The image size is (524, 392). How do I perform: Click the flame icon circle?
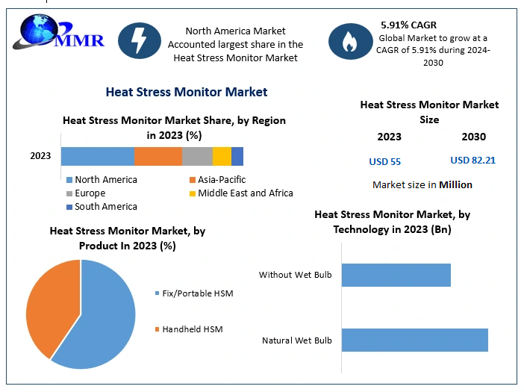pyautogui.click(x=349, y=40)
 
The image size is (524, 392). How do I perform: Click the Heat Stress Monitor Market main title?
pyautogui.click(x=187, y=92)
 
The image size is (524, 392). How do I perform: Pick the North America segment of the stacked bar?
pyautogui.click(x=97, y=156)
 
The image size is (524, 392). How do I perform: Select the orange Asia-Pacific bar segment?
pyautogui.click(x=158, y=156)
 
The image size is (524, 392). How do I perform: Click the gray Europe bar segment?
pyautogui.click(x=197, y=156)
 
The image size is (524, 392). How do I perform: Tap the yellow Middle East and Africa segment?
pyautogui.click(x=222, y=156)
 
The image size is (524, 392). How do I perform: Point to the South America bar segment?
pyautogui.click(x=237, y=156)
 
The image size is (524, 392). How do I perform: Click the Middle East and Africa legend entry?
pyautogui.click(x=240, y=193)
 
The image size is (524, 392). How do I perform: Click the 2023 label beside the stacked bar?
pyautogui.click(x=40, y=156)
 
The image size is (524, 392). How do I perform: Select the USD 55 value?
pyautogui.click(x=385, y=161)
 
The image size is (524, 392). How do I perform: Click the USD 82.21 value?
pyautogui.click(x=472, y=161)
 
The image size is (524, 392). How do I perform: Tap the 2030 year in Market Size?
pyautogui.click(x=473, y=137)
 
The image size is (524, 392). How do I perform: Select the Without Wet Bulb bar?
pyautogui.click(x=396, y=275)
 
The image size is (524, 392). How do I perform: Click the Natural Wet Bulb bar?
pyautogui.click(x=414, y=340)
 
